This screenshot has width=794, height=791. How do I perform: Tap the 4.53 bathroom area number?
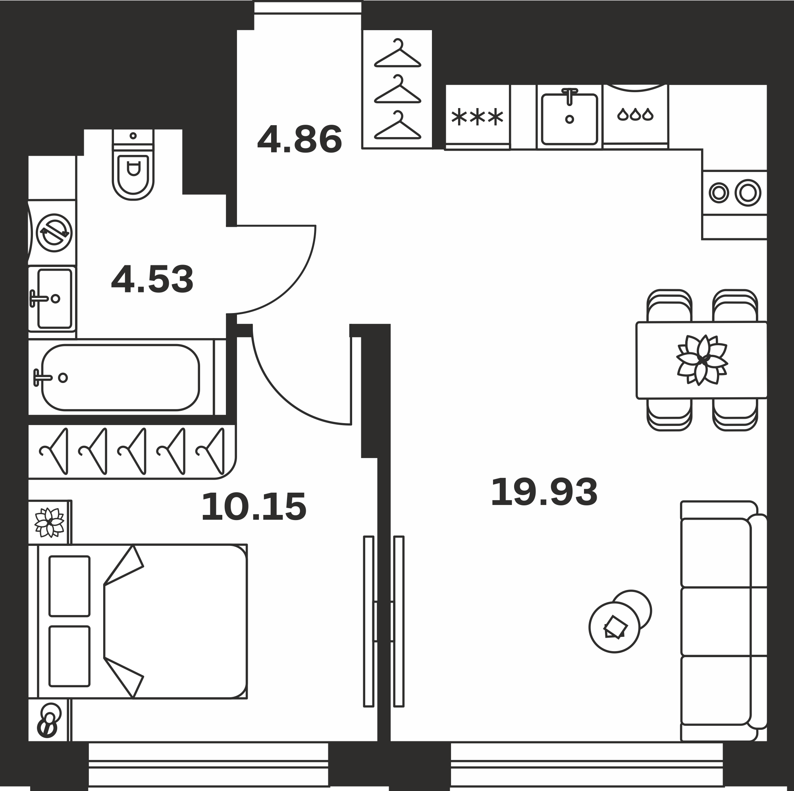[152, 279]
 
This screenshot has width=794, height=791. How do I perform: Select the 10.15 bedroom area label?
[254, 507]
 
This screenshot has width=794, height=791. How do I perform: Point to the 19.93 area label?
[544, 492]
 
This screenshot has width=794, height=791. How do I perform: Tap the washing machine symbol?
[54, 233]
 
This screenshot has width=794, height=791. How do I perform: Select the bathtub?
[120, 377]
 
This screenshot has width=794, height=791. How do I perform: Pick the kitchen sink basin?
[569, 119]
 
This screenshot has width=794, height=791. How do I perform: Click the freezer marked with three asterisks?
[477, 117]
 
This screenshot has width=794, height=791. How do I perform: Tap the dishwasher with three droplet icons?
[635, 116]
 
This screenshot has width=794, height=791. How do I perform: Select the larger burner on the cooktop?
[748, 193]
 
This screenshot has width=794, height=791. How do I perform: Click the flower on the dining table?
[702, 360]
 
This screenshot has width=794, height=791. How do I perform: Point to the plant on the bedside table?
[49, 522]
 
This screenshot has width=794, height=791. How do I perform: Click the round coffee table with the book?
[615, 627]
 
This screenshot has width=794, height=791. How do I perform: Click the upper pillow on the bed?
[69, 586]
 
